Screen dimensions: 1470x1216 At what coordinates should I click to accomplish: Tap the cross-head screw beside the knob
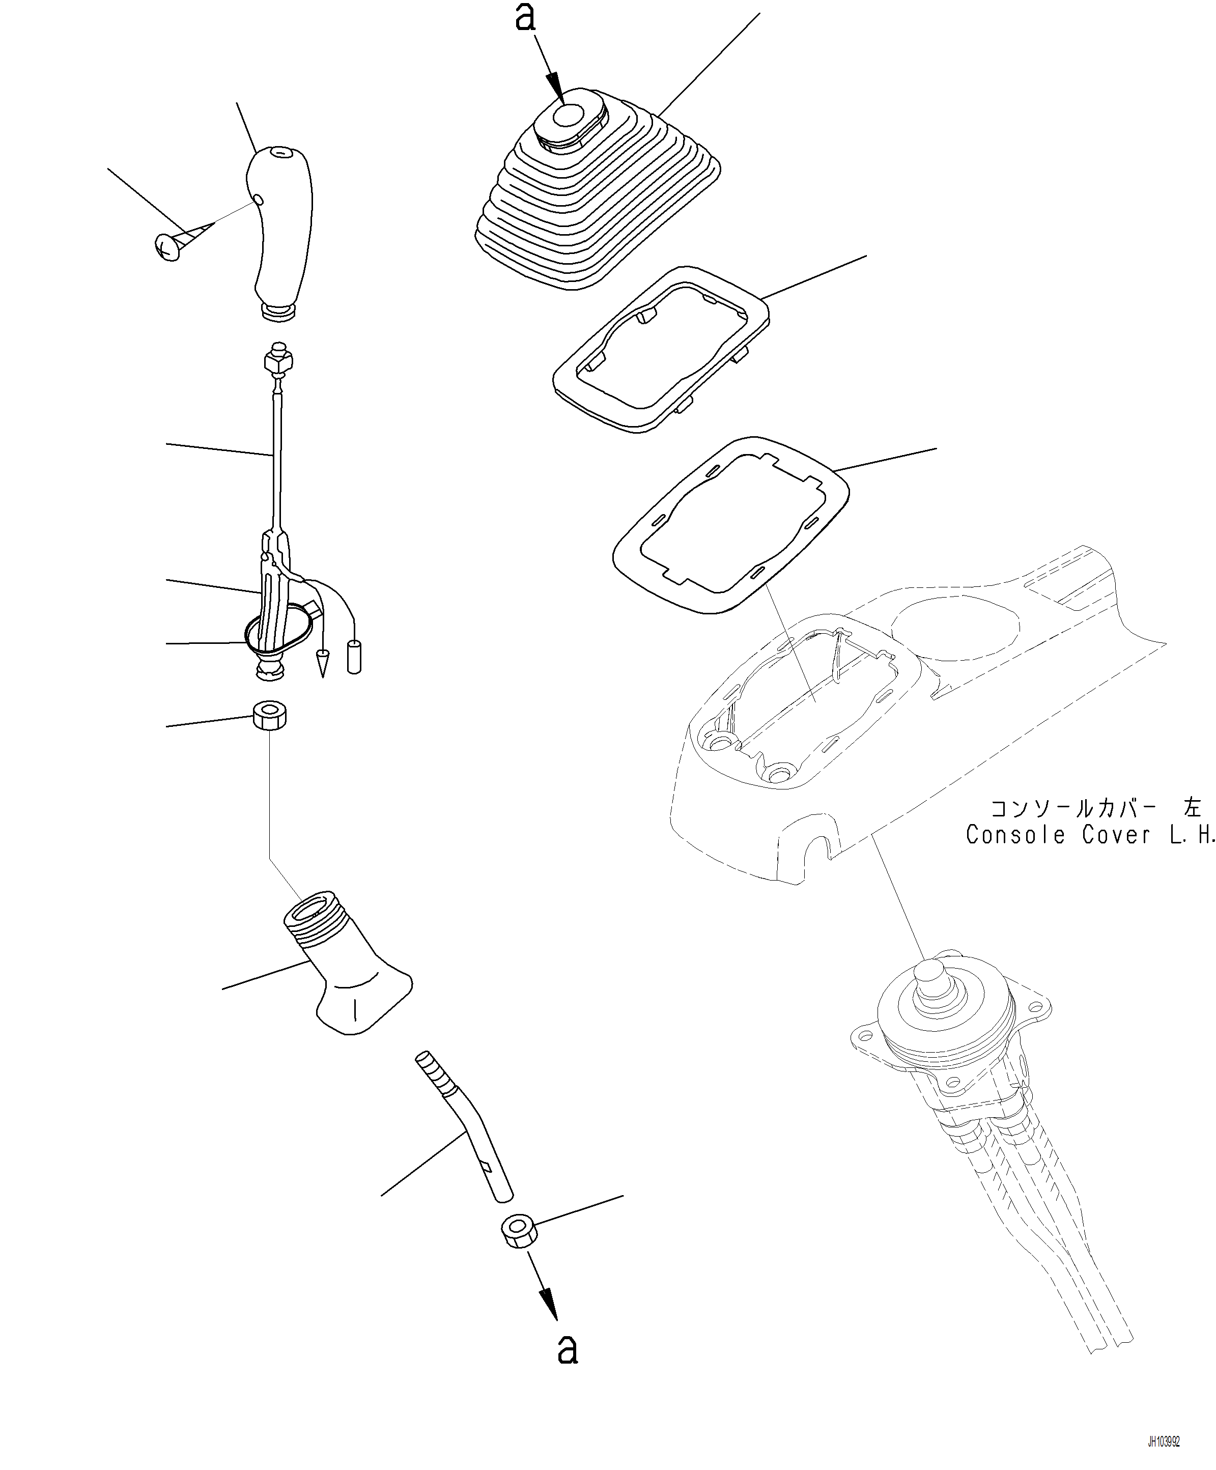168,246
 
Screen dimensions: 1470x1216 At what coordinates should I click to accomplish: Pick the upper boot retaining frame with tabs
662,349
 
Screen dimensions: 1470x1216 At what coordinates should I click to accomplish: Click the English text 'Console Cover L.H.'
1091,835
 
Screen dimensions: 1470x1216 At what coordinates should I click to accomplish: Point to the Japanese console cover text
1095,808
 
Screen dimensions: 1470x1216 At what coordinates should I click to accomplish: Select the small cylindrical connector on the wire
354,656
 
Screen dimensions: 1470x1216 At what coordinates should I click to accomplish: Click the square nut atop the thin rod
278,362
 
